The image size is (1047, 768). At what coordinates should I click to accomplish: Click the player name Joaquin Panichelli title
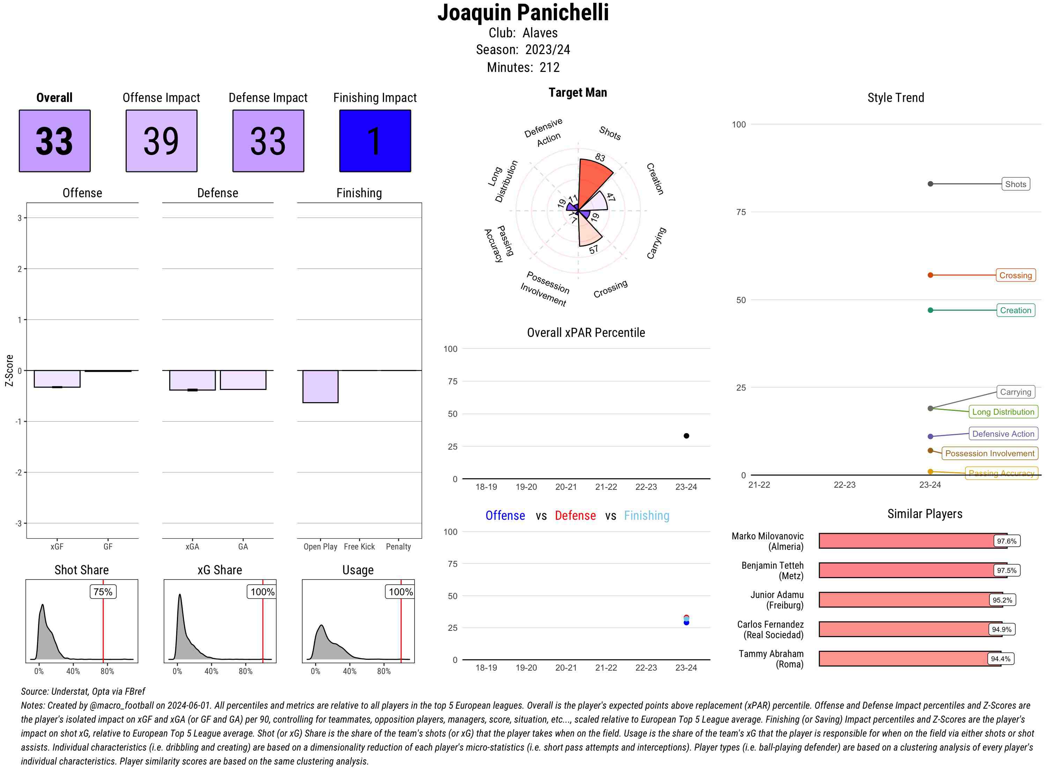click(x=523, y=13)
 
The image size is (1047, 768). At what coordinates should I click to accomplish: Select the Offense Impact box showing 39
click(x=161, y=141)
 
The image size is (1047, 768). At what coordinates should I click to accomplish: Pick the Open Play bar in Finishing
click(x=320, y=386)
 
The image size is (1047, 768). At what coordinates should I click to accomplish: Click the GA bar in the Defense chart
click(x=243, y=380)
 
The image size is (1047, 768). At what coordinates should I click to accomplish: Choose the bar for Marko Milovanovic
click(x=912, y=541)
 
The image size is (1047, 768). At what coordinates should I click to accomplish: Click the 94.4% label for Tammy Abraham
click(x=1000, y=659)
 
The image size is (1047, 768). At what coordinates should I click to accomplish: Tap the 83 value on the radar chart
click(x=600, y=157)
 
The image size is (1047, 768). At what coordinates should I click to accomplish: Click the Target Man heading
click(x=577, y=93)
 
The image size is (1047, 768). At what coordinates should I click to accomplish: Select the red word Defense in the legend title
click(x=575, y=516)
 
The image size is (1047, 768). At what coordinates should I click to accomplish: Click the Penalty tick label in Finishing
click(x=398, y=547)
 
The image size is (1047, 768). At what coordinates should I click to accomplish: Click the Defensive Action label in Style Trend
click(x=1003, y=434)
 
